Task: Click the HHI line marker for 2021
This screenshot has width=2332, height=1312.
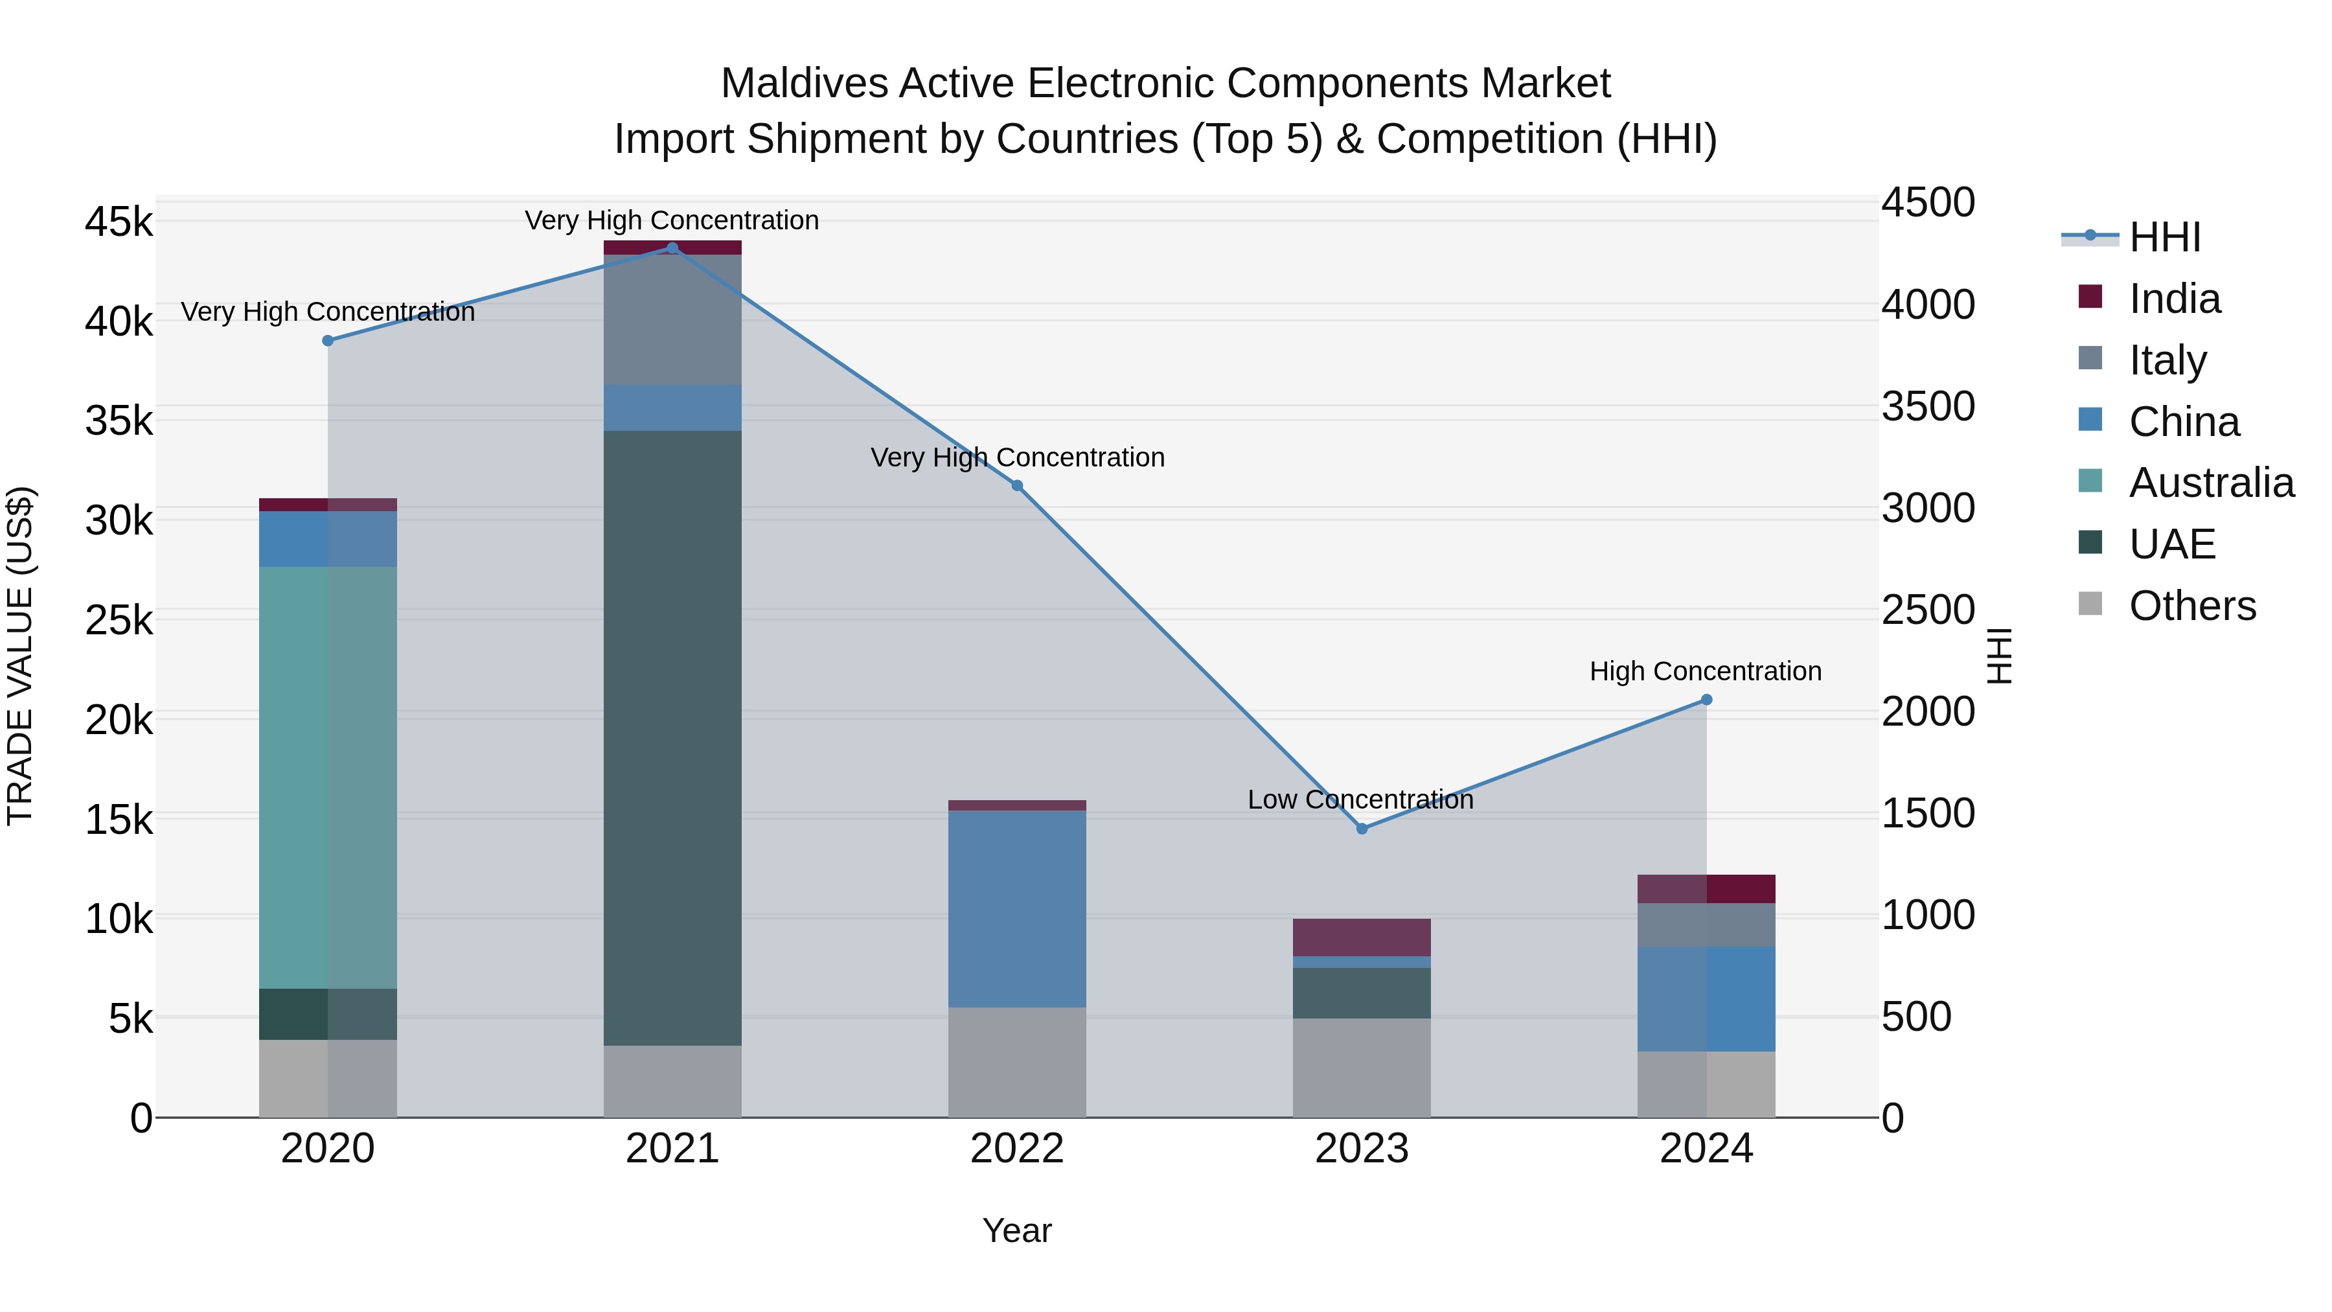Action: (672, 248)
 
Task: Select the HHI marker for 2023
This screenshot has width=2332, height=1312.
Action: (1362, 829)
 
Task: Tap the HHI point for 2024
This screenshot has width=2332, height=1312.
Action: (1706, 700)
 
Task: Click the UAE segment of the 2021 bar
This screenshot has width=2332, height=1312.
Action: (672, 738)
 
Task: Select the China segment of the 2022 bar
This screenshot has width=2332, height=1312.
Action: (1016, 908)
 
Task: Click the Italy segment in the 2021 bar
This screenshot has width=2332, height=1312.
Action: (672, 319)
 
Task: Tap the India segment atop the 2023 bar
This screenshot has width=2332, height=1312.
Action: (1362, 937)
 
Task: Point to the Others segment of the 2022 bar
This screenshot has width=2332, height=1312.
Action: (1016, 1062)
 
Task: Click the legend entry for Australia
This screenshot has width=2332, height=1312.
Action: (2211, 483)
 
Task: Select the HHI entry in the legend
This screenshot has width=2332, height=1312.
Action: (2164, 237)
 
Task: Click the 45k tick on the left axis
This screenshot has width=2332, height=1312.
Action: (119, 222)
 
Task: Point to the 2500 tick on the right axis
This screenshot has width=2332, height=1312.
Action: (1927, 610)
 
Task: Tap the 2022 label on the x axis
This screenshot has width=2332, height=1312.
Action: (1016, 1149)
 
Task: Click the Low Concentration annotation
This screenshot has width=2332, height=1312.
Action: (1360, 800)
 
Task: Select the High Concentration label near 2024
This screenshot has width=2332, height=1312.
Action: (1706, 672)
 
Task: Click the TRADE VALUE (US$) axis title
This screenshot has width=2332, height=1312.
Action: (20, 656)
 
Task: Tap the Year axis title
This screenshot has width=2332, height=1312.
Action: (1016, 1230)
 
